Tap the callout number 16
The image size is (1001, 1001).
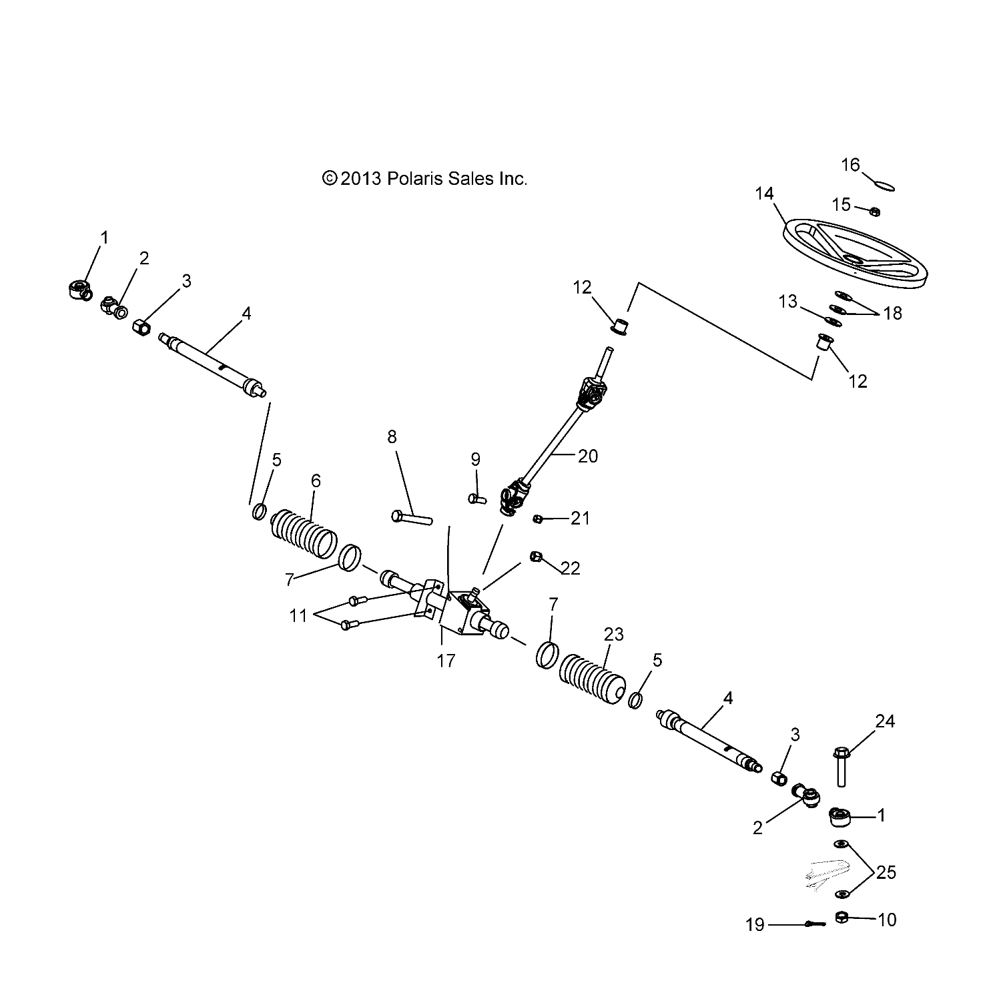pos(850,165)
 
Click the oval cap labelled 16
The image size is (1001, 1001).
pos(884,186)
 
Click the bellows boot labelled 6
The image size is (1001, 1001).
pos(303,532)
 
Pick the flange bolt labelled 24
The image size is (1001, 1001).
pos(841,767)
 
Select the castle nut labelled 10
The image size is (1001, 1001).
pos(842,918)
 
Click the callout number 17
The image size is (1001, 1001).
pos(446,661)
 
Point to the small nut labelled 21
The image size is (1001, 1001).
pos(538,519)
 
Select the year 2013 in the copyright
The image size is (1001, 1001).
pos(360,179)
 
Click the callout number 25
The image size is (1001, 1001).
pos(886,872)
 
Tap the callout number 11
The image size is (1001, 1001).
pos(298,615)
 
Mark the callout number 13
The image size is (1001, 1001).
pos(788,302)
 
